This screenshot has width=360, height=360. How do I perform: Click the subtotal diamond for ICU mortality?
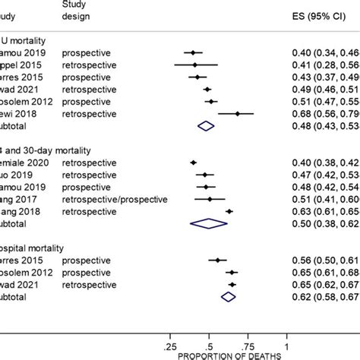tap(205, 126)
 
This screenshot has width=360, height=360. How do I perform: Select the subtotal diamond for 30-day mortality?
tap(209, 223)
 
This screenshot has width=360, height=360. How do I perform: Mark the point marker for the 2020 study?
tap(193, 162)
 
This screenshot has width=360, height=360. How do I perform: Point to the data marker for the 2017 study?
tap(210, 199)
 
